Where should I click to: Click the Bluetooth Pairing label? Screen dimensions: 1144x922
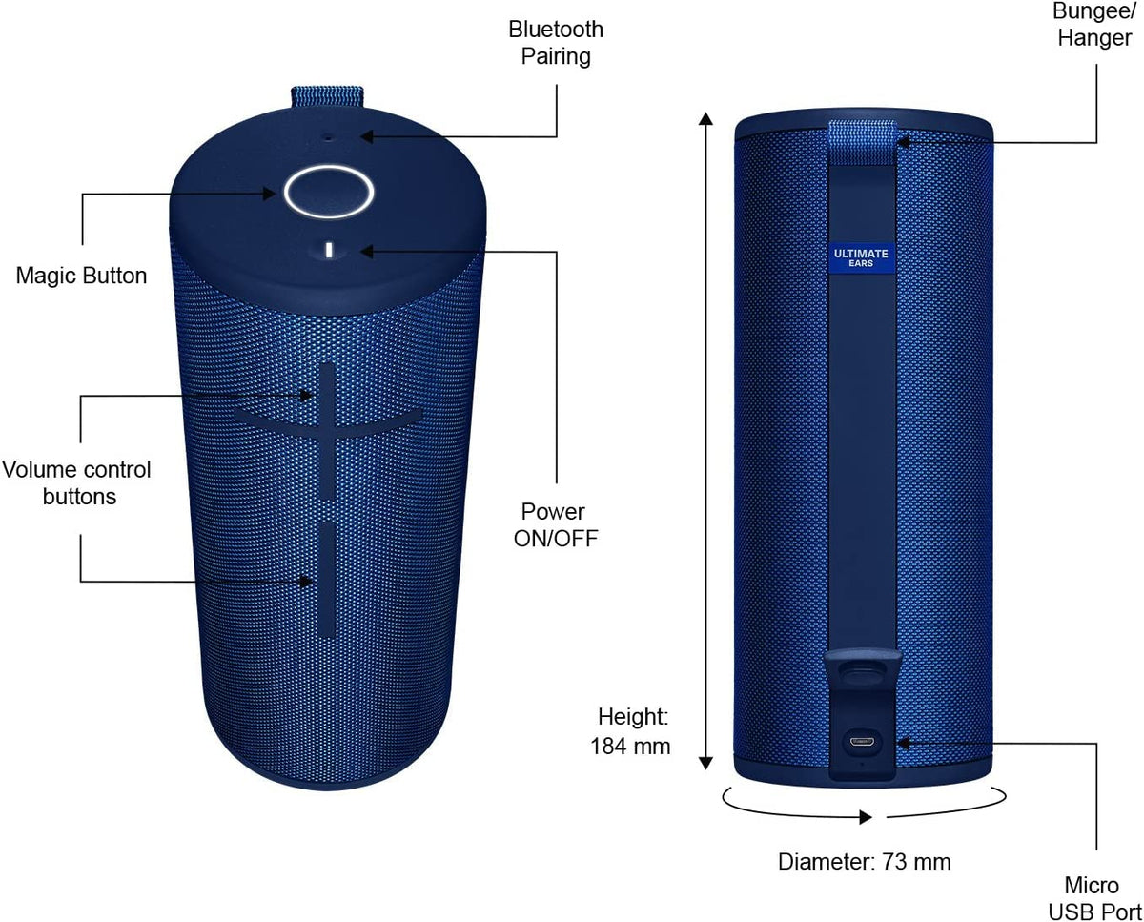click(556, 43)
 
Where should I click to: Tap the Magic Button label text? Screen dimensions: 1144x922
click(81, 276)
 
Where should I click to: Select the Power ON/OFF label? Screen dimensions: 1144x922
click(556, 524)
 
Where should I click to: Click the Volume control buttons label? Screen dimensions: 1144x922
click(77, 482)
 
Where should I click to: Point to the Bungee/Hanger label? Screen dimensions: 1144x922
click(1094, 25)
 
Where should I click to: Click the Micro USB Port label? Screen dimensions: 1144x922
click(1094, 898)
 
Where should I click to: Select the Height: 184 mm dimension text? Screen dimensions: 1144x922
click(630, 731)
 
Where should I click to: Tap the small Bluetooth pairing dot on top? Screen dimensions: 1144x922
click(327, 138)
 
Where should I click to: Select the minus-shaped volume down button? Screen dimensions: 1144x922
click(327, 579)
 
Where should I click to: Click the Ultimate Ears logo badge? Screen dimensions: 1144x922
click(861, 257)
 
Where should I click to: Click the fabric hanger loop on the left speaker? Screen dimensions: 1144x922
click(327, 96)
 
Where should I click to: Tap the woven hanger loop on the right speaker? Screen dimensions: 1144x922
click(862, 142)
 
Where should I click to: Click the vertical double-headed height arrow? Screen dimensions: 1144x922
click(705, 441)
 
